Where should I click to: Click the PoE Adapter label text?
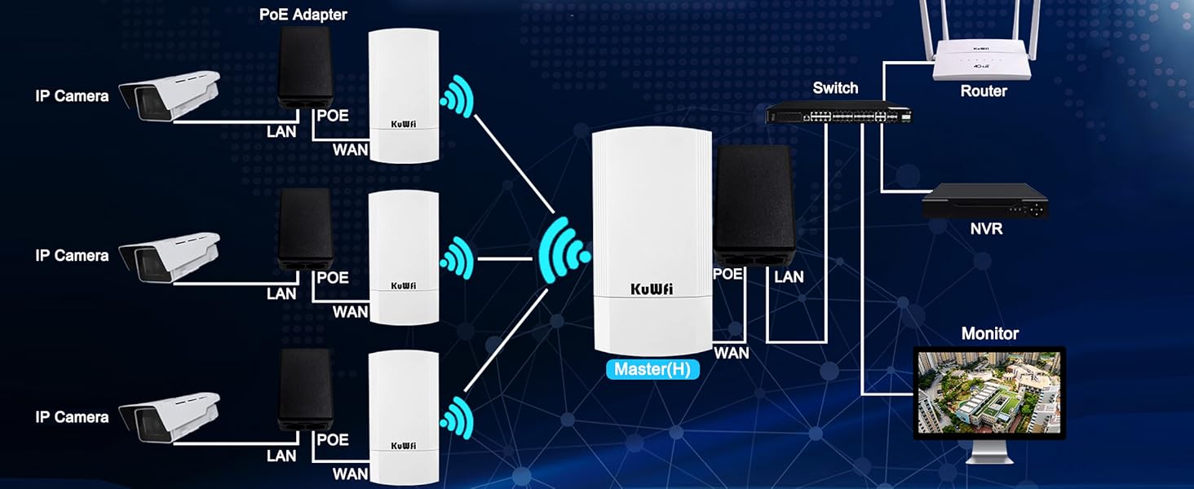[x=303, y=15]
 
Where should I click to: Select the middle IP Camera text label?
[x=72, y=255]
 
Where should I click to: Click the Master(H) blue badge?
[x=652, y=369]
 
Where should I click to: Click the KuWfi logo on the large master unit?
[x=652, y=289]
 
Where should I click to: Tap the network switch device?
[x=838, y=113]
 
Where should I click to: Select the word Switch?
[x=835, y=88]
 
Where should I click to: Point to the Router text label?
[x=984, y=91]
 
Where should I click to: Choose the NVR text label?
[x=986, y=229]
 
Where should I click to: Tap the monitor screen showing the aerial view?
[x=989, y=392]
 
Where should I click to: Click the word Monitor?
[x=989, y=333]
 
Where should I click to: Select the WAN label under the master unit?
[x=731, y=353]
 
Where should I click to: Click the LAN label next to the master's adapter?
[x=789, y=277]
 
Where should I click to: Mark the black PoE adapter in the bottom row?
[x=306, y=389]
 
